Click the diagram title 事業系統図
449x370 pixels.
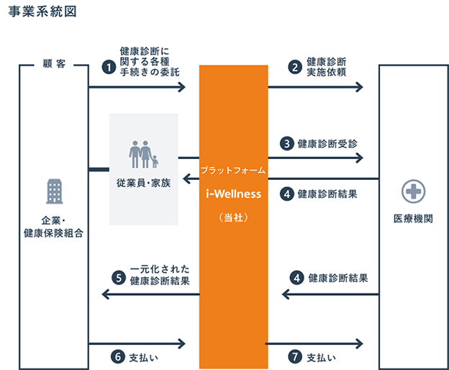[x=42, y=12]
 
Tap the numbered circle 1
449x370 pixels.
[x=109, y=68]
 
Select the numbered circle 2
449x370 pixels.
[x=295, y=67]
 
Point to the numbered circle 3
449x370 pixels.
[x=287, y=143]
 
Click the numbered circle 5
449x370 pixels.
[x=119, y=278]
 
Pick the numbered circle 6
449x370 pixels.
[x=118, y=357]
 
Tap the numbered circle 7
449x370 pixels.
[x=295, y=357]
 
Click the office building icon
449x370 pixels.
[x=55, y=191]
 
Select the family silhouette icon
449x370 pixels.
[x=143, y=154]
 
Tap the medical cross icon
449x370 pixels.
[x=413, y=191]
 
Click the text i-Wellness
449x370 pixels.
[x=234, y=194]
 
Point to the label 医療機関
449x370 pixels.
[x=413, y=219]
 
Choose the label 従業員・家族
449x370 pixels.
[x=143, y=183]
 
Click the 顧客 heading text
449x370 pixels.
[x=54, y=63]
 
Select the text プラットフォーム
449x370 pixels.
[x=233, y=171]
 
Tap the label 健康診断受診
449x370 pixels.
[x=327, y=144]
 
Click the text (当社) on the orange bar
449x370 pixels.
[x=234, y=217]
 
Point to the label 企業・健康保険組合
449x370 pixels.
[x=53, y=227]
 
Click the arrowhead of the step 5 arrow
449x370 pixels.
[x=106, y=294]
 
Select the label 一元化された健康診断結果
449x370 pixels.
[x=160, y=275]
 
